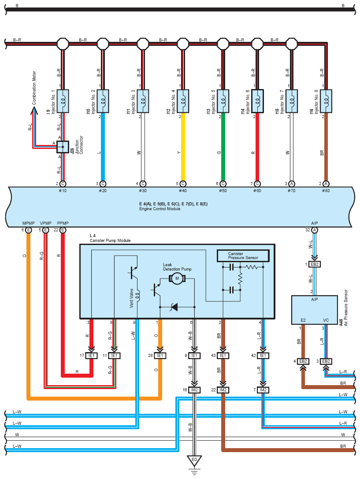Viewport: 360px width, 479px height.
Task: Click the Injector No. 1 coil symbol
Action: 63,101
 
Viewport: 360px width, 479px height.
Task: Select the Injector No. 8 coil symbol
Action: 326,101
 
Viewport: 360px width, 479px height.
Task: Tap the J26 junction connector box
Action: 63,147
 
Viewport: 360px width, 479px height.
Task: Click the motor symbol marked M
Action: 177,278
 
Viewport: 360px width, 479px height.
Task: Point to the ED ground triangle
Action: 194,460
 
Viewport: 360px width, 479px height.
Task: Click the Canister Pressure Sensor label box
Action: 243,256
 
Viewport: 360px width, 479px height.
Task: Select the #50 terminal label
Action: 223,191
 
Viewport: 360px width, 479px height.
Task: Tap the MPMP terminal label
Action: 28,223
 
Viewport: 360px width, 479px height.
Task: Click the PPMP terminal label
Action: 63,223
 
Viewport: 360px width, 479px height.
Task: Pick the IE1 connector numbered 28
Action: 160,356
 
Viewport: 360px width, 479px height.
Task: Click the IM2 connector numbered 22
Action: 223,390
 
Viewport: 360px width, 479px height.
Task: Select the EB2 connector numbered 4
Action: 303,361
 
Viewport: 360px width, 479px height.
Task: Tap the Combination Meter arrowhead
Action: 34,111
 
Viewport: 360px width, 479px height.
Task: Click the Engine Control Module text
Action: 160,209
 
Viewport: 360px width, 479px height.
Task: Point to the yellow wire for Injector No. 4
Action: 183,147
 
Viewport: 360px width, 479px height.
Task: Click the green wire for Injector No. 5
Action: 223,147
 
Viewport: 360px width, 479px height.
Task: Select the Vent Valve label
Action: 132,298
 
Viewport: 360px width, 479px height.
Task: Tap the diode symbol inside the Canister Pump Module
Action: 174,307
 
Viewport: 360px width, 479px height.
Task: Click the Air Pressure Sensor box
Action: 315,310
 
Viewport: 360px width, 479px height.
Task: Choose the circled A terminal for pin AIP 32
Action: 315,230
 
